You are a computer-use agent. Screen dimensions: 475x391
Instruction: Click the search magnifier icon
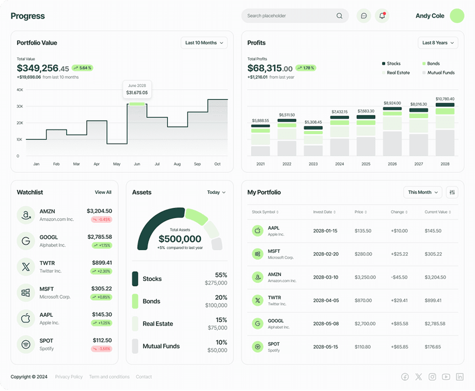339,16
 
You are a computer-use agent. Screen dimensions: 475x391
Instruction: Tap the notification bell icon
382,16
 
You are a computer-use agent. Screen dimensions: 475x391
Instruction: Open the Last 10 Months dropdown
204,43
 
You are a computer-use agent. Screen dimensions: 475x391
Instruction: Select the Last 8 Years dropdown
438,43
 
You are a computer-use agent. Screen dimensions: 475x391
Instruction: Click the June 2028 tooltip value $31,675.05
137,93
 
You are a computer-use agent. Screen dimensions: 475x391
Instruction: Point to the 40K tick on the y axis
20,90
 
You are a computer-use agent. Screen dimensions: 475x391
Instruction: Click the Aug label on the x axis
177,164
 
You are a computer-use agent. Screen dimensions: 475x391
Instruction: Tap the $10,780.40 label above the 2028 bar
445,99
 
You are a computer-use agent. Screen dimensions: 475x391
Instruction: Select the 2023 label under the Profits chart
313,164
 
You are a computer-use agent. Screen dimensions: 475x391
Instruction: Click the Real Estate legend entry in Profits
396,73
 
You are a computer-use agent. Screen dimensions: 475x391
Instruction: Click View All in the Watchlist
103,192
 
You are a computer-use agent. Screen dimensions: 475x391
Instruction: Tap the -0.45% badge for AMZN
102,219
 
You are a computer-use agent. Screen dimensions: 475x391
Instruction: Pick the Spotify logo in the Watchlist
26,345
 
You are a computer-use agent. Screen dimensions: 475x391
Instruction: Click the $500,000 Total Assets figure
180,239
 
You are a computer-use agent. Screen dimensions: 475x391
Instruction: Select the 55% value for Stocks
221,275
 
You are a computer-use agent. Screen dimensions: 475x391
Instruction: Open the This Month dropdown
422,192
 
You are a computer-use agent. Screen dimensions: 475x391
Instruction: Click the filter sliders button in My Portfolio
452,192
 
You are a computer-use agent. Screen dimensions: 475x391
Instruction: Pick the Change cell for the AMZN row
399,277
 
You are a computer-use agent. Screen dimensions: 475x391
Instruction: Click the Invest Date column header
324,212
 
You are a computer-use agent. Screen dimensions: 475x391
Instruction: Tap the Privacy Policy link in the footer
69,377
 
